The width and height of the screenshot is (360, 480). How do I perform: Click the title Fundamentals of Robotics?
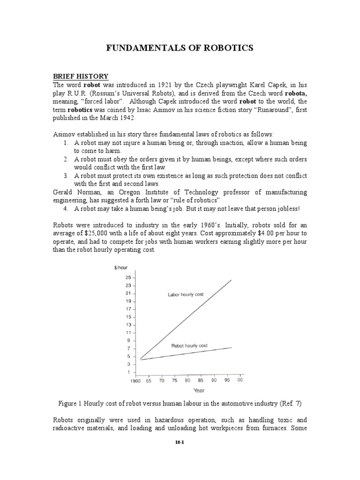[180, 48]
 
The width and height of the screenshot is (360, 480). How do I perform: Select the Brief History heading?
[80, 76]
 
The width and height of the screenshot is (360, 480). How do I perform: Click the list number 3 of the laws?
[66, 175]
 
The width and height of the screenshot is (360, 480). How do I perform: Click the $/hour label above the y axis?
[121, 268]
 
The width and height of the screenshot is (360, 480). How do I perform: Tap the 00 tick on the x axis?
[240, 381]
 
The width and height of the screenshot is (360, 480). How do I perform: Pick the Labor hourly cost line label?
[186, 295]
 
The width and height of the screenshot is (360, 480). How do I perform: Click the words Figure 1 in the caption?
[71, 403]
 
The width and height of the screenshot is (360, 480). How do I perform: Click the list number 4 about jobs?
[66, 209]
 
